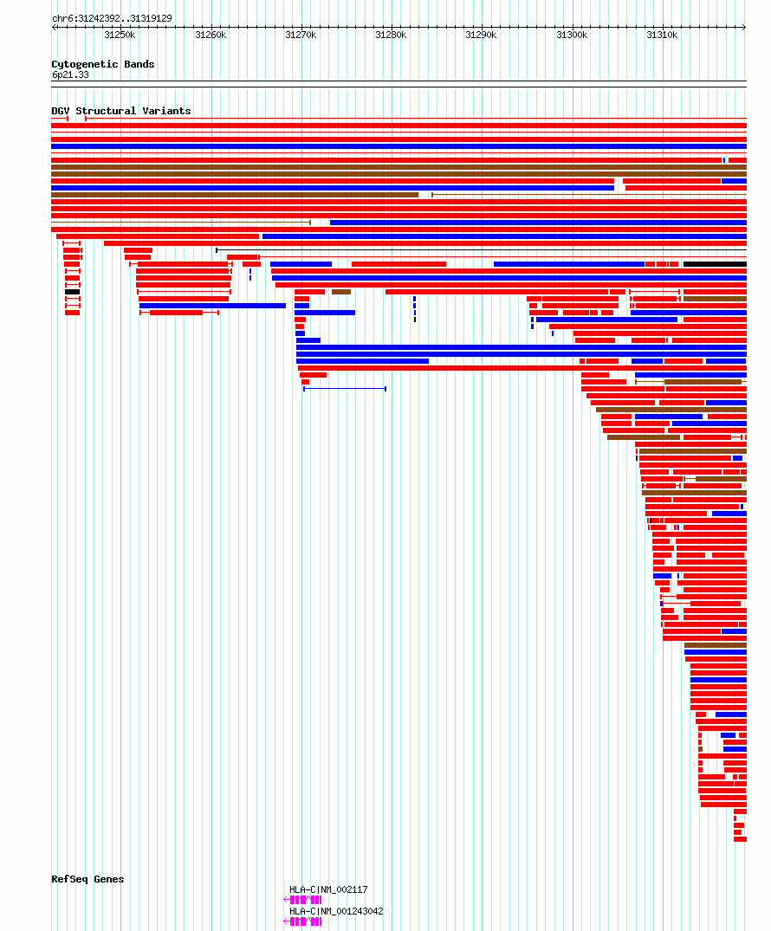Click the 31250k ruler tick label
[x=120, y=35]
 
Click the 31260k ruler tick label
[x=210, y=35]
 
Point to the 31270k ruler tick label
[x=301, y=35]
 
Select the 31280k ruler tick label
[x=391, y=35]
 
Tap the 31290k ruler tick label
[x=481, y=35]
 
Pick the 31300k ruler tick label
[x=572, y=35]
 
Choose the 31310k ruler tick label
[x=662, y=35]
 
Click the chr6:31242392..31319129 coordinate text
[x=112, y=18]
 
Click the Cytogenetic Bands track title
[x=103, y=64]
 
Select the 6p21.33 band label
[x=70, y=74]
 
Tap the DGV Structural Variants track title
[x=121, y=111]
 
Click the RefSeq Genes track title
[x=87, y=879]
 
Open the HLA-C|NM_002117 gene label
[x=328, y=889]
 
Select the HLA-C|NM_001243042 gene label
[x=336, y=911]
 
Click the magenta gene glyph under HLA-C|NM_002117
[x=303, y=900]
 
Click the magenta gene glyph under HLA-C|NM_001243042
[x=303, y=921]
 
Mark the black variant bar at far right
[x=715, y=264]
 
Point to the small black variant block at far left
[x=72, y=292]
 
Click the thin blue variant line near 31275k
[x=345, y=389]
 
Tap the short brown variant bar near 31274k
[x=341, y=292]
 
